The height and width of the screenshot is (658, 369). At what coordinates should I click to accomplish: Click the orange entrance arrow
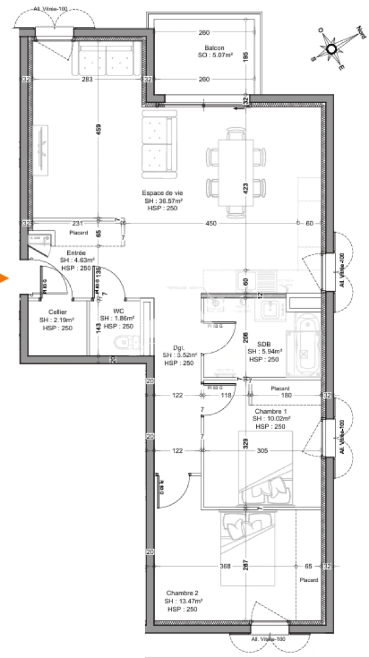click(4, 279)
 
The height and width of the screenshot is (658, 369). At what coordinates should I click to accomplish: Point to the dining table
click(236, 171)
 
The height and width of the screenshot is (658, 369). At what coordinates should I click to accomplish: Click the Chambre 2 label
click(182, 593)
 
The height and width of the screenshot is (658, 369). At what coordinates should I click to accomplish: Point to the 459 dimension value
click(98, 129)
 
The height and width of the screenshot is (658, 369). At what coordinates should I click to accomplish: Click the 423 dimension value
click(245, 189)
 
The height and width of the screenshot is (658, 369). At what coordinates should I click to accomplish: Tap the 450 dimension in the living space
click(211, 223)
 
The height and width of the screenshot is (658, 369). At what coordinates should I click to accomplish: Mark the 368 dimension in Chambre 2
click(225, 567)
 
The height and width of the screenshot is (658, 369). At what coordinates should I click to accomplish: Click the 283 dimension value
click(87, 79)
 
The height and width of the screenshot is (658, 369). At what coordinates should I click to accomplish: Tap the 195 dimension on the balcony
click(245, 57)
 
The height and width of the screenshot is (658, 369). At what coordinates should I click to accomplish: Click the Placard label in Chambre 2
click(309, 580)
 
